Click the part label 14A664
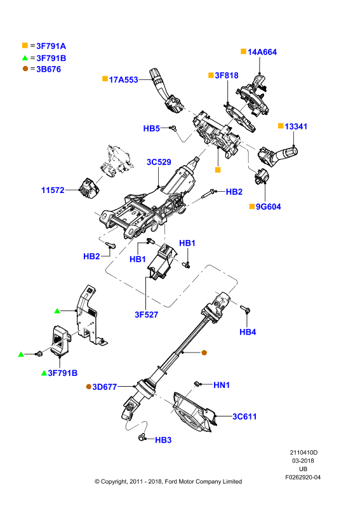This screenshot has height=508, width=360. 262,52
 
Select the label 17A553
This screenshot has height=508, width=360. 123,80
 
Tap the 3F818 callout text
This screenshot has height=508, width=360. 227,76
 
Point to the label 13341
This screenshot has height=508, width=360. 296,126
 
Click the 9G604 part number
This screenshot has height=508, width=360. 269,207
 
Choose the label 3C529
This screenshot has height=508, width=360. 159,162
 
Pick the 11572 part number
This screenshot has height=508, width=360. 53,190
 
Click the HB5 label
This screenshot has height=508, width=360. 152,129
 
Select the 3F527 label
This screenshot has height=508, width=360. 147,314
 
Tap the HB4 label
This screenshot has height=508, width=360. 248,332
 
